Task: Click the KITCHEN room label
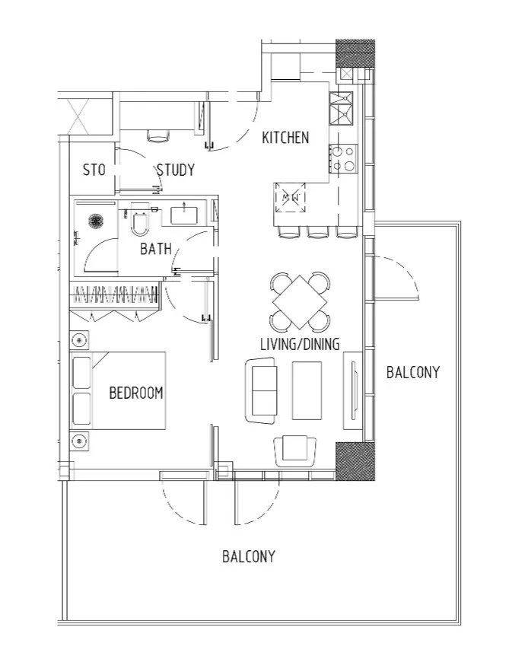pyautogui.click(x=285, y=138)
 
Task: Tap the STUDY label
pyautogui.click(x=176, y=170)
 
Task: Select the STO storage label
pyautogui.click(x=94, y=170)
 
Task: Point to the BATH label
pyautogui.click(x=156, y=249)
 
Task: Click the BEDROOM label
pyautogui.click(x=136, y=393)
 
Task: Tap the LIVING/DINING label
pyautogui.click(x=300, y=344)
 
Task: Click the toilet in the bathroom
pyautogui.click(x=139, y=219)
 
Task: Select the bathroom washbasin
pyautogui.click(x=185, y=215)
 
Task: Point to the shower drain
pyautogui.click(x=96, y=221)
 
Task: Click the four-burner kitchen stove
pyautogui.click(x=343, y=158)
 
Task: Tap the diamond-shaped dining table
pyautogui.click(x=300, y=302)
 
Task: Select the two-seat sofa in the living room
pyautogui.click(x=261, y=391)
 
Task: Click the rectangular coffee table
pyautogui.click(x=307, y=390)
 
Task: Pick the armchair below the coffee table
pyautogui.click(x=295, y=451)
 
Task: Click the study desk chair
pyautogui.click(x=159, y=135)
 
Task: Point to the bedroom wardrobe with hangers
pyautogui.click(x=114, y=294)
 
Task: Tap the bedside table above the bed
pyautogui.click(x=79, y=339)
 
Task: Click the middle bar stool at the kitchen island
pyautogui.click(x=318, y=231)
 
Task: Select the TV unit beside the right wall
pyautogui.click(x=353, y=391)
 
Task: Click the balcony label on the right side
pyautogui.click(x=413, y=372)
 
